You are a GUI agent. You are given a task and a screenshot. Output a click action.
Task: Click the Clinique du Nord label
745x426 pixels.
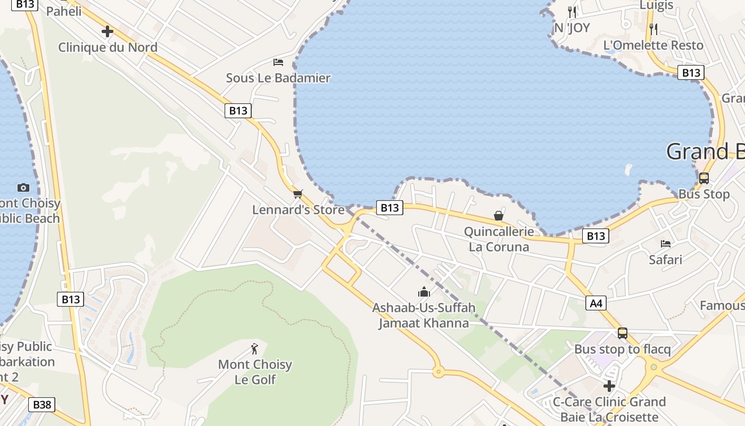pyautogui.click(x=107, y=47)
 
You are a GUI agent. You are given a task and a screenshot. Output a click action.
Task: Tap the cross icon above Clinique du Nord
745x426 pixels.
pyautogui.click(x=107, y=31)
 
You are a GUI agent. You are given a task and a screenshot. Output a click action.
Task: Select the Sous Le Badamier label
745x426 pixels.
pyautogui.click(x=278, y=78)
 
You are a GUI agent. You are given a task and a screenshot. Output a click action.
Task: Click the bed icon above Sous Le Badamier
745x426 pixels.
pyautogui.click(x=278, y=62)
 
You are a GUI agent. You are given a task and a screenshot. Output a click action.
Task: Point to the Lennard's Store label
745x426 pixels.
pyautogui.click(x=298, y=210)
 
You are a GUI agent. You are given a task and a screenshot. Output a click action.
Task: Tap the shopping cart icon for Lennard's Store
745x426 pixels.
pyautogui.click(x=297, y=194)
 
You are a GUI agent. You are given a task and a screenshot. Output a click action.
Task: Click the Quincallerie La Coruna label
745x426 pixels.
pyautogui.click(x=499, y=239)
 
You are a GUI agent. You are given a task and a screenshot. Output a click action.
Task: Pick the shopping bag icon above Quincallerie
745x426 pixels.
pyautogui.click(x=499, y=216)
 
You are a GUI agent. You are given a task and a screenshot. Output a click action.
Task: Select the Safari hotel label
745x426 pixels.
pyautogui.click(x=665, y=260)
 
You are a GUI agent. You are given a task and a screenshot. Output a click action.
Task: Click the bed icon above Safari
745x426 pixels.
pyautogui.click(x=665, y=244)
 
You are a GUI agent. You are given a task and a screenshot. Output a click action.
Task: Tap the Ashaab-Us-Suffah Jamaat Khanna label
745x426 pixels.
pyautogui.click(x=424, y=315)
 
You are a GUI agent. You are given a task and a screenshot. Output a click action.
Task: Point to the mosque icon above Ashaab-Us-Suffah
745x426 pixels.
pyautogui.click(x=424, y=292)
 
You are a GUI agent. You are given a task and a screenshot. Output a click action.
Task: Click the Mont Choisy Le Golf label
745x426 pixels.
pyautogui.click(x=255, y=372)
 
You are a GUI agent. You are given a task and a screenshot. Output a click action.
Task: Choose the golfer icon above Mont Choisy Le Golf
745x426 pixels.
pyautogui.click(x=254, y=349)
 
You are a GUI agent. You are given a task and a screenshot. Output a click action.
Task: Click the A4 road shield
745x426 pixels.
pyautogui.click(x=596, y=304)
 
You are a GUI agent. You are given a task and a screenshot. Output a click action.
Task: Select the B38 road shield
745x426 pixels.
pyautogui.click(x=42, y=405)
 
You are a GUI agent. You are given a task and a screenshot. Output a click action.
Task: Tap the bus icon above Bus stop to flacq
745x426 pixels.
pyautogui.click(x=622, y=333)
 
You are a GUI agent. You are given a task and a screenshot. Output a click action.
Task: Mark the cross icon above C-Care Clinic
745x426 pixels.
pyautogui.click(x=609, y=386)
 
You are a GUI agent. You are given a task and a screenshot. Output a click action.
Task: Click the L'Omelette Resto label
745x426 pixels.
pyautogui.click(x=653, y=45)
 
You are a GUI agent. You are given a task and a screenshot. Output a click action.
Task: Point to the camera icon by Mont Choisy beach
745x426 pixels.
pyautogui.click(x=23, y=187)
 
